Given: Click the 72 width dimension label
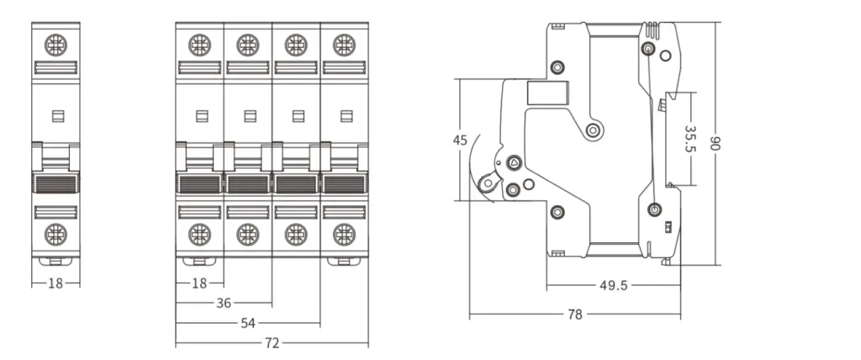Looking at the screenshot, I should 272,343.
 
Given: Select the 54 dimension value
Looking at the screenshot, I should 249,323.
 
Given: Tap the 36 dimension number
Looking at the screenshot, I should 224,303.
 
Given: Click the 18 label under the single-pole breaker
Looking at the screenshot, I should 55,283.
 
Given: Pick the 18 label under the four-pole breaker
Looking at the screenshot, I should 199,283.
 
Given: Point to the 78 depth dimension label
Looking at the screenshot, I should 575,315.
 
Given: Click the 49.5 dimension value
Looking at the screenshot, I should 614,286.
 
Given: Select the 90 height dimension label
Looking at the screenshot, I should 716,143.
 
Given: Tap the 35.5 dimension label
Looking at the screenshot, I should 689,139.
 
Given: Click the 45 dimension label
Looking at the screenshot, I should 460,140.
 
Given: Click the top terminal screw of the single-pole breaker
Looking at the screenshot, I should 55,43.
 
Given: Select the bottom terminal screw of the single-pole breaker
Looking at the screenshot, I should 55,232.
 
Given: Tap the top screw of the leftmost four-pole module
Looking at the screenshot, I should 199,43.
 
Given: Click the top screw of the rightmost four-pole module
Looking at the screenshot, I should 343,43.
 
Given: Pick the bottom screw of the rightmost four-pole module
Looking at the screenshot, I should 343,232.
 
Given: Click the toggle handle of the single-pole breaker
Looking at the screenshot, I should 55,183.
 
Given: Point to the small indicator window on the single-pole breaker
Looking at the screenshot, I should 55,116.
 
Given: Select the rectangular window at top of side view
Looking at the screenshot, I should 539,93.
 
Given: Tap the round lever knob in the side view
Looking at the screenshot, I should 486,180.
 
